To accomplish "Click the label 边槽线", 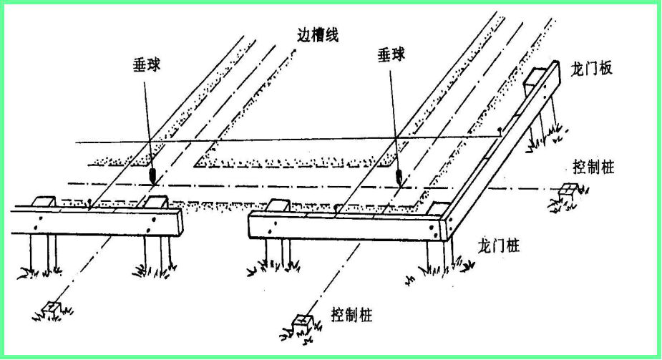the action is (x=318, y=35).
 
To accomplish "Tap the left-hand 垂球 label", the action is (x=147, y=65).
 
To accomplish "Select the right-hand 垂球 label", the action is (x=391, y=54).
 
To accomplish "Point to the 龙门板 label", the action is (x=591, y=69).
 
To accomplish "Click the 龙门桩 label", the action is (x=499, y=245).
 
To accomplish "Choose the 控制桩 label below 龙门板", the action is (x=593, y=167).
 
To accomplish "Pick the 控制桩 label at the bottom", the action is (x=351, y=315).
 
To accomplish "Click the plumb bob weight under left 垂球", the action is (x=152, y=176).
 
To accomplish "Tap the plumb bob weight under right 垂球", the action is (x=399, y=177).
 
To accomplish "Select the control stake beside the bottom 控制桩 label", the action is (x=302, y=323).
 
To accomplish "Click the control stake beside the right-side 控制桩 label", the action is (x=568, y=192).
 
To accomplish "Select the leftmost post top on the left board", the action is (x=44, y=201).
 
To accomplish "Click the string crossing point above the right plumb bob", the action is (x=396, y=137).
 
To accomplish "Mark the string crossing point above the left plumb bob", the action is (x=150, y=141).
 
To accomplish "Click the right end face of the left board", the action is (x=180, y=222).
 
